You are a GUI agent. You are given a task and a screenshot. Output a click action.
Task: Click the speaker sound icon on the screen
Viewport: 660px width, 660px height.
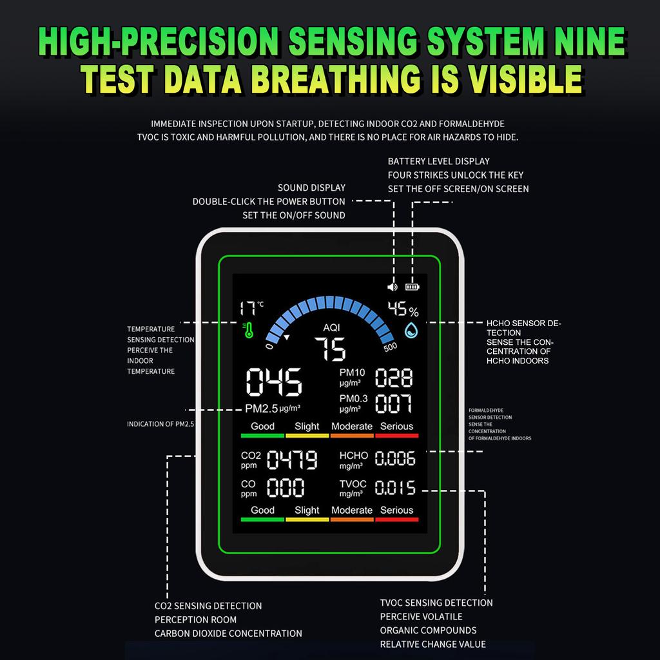393,287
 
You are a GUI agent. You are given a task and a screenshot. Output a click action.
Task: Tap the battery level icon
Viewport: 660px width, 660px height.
412,287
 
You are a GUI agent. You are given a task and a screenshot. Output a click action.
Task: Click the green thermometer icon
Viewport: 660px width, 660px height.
248,331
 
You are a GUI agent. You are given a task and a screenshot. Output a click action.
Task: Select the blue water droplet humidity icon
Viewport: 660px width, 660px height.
411,331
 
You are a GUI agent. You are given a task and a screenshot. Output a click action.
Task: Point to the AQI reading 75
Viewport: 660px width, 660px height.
331,349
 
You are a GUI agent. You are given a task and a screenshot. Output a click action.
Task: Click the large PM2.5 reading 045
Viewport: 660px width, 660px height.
274,382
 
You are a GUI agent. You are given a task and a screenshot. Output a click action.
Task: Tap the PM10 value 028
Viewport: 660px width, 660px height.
394,377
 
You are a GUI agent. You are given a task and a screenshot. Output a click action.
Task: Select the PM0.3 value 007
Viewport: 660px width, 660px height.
393,403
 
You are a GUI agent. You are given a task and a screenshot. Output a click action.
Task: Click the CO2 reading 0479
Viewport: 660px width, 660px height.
292,459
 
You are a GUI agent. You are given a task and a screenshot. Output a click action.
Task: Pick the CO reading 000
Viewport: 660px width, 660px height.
286,487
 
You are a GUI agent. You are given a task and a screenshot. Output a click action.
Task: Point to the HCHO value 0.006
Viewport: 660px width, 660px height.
395,458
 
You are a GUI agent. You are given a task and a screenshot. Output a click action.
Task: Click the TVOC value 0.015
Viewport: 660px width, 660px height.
395,487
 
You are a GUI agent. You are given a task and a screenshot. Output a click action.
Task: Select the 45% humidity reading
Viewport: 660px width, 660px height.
403,309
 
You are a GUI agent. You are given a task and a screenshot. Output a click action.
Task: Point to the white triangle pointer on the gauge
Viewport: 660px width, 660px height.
287,337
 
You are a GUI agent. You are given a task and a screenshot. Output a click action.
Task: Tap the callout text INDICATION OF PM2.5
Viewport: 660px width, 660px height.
160,424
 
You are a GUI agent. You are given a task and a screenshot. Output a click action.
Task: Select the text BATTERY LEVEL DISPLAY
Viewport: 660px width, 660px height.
438,161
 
